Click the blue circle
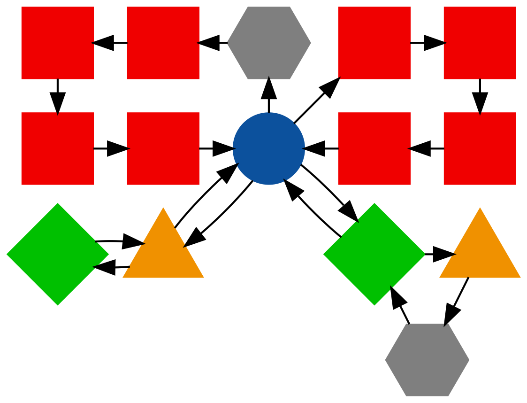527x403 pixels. (268, 148)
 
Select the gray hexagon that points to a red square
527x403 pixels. (268, 43)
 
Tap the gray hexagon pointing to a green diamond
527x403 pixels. (427, 360)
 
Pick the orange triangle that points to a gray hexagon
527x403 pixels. (480, 249)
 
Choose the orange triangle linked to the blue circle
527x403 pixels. (163, 249)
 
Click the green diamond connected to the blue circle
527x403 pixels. (374, 254)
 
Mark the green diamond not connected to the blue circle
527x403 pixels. (57, 254)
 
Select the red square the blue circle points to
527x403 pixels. (374, 43)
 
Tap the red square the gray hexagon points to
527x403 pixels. (163, 43)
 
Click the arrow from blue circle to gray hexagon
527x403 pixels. (268, 96)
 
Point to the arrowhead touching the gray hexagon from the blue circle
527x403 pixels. (268, 86)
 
